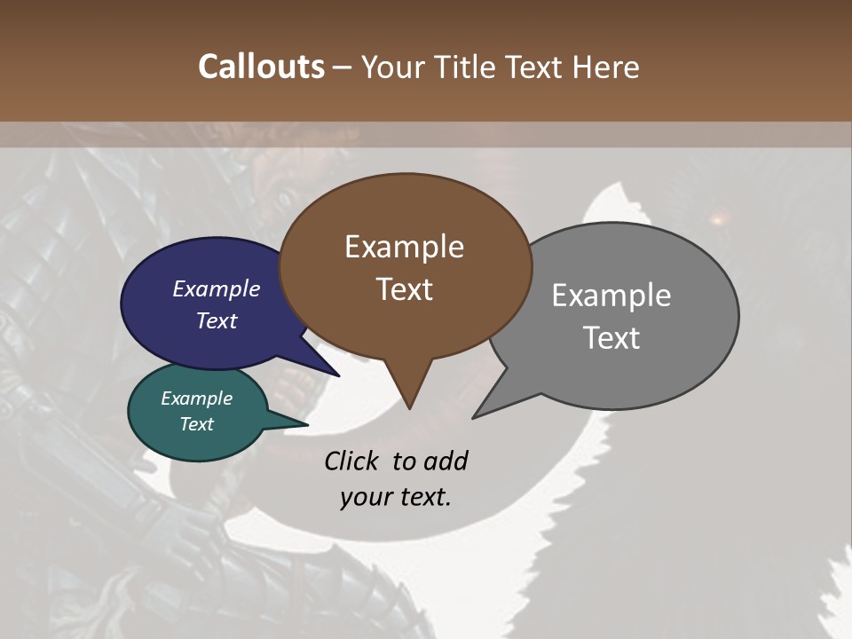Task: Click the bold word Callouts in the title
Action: pyautogui.click(x=261, y=67)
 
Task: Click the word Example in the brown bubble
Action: pyautogui.click(x=404, y=247)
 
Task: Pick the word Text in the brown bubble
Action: pyautogui.click(x=404, y=289)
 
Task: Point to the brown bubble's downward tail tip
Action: pyautogui.click(x=409, y=407)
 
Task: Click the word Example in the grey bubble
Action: pyautogui.click(x=611, y=296)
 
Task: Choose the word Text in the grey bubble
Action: pyautogui.click(x=611, y=338)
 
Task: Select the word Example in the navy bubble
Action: pyautogui.click(x=216, y=288)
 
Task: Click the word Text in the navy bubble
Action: pyautogui.click(x=216, y=320)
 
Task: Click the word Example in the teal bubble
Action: pyautogui.click(x=196, y=398)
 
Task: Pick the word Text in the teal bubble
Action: pyautogui.click(x=196, y=424)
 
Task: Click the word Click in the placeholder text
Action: pyautogui.click(x=353, y=461)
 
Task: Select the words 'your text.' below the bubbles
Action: pyautogui.click(x=396, y=497)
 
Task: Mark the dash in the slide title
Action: pyautogui.click(x=343, y=67)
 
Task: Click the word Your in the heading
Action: pyautogui.click(x=391, y=67)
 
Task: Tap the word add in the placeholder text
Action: pyautogui.click(x=446, y=461)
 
